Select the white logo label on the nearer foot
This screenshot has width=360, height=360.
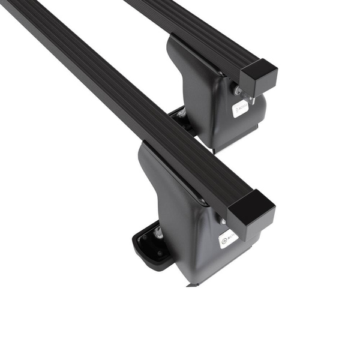pos(229,238)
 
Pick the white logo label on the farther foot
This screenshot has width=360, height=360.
pos(240,108)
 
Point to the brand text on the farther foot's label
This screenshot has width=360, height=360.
pos(242,107)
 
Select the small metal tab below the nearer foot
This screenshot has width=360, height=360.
pos(191,284)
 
